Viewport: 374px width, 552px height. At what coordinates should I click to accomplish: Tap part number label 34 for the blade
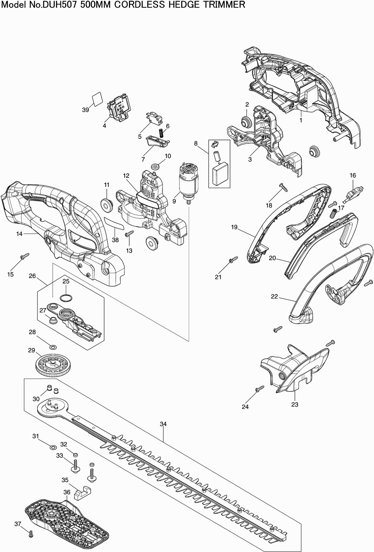tap(163, 424)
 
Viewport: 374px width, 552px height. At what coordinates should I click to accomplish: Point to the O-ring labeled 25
tap(66, 298)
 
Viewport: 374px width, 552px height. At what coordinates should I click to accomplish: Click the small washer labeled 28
tap(53, 347)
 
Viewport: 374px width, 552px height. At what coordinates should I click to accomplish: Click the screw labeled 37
tap(31, 534)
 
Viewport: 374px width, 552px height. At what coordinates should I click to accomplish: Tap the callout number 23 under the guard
tap(295, 404)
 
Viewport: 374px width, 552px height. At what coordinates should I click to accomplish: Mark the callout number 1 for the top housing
tap(300, 120)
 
